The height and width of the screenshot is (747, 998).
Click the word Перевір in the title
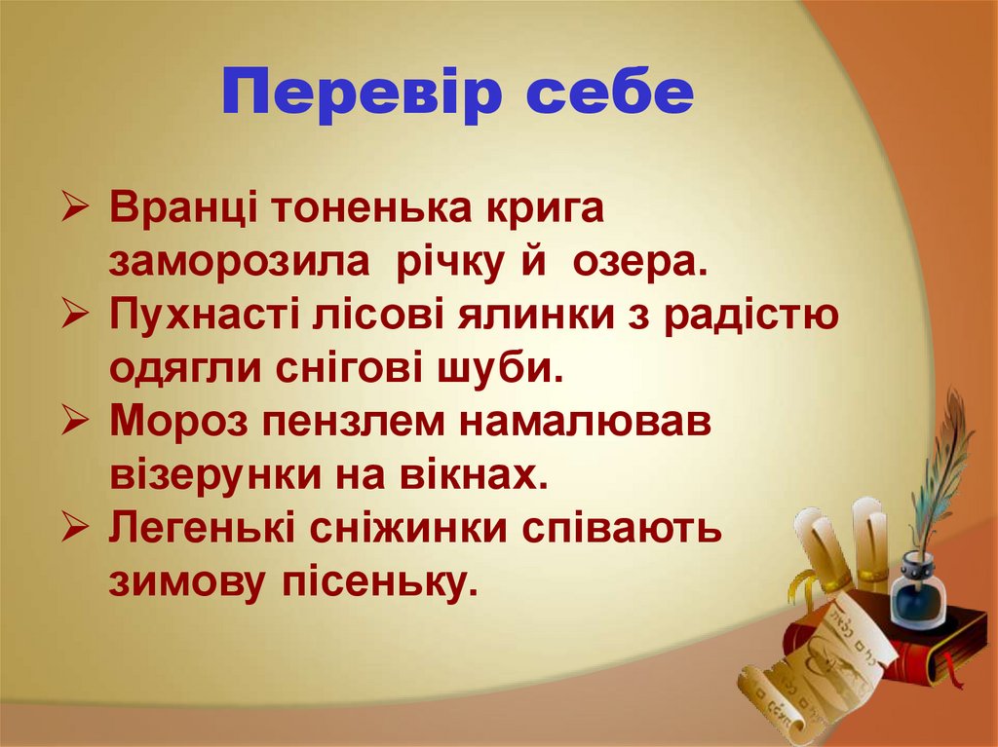coord(365,93)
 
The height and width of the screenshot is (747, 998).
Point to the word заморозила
coord(239,262)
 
